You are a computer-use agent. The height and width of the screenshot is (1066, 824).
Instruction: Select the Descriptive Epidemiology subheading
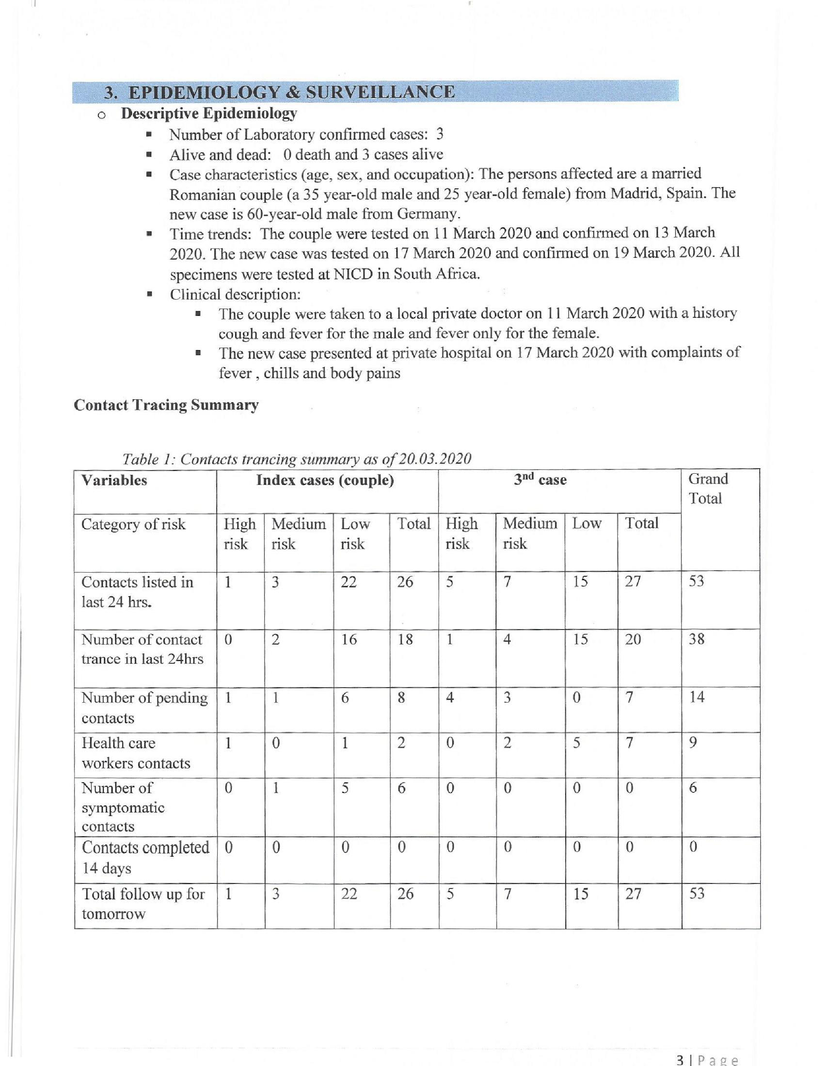209,114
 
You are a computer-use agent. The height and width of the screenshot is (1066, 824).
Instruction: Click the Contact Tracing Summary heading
166,405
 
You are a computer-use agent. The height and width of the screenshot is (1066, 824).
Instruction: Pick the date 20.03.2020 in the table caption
435,459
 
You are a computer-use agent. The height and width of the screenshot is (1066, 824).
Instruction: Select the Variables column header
114,480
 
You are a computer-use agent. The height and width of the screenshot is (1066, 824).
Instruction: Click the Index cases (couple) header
325,480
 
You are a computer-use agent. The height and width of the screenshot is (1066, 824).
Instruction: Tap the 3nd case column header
540,480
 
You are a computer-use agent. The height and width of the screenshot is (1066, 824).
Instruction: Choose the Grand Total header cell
708,488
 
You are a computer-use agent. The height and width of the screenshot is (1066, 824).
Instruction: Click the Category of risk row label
133,524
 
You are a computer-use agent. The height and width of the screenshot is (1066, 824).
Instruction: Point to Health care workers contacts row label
136,753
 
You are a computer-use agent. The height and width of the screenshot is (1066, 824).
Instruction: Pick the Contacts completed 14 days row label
145,857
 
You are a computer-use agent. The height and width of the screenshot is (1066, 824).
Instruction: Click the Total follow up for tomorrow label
143,904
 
